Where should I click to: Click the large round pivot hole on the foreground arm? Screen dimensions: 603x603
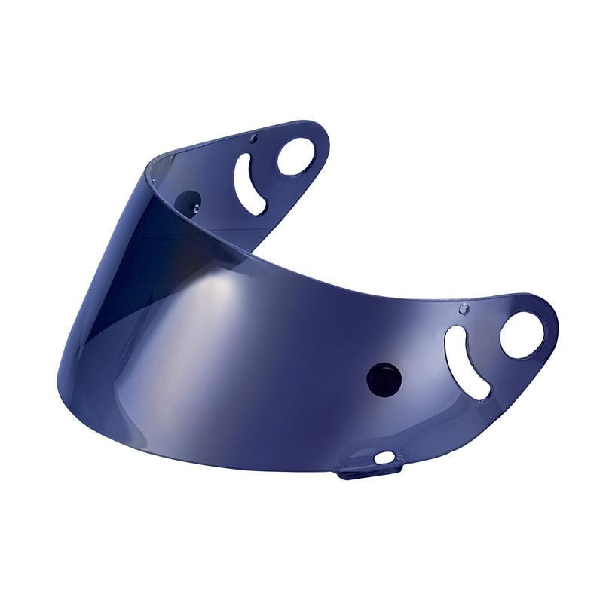[522, 335]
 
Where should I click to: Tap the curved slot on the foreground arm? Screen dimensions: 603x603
[465, 362]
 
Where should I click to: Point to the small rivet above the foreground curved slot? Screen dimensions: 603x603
[464, 308]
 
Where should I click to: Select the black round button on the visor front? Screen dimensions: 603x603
[384, 377]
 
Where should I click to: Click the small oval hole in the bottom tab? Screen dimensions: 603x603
[384, 457]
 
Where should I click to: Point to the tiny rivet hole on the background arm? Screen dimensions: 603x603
[253, 137]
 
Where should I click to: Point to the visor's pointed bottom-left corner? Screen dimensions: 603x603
[60, 369]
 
